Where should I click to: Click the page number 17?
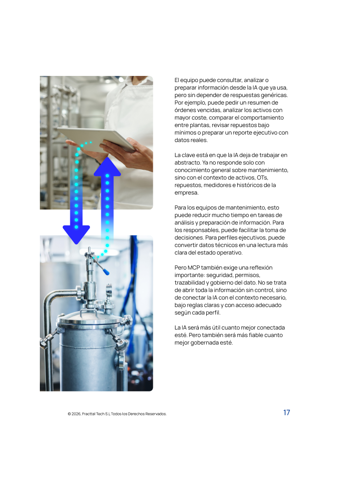pos(286,412)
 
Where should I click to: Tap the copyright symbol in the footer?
pos(69,414)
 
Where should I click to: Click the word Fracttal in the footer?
pos(89,414)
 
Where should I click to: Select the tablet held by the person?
pos(97,139)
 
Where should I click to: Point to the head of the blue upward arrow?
pos(107,166)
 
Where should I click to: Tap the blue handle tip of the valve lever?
pos(106,272)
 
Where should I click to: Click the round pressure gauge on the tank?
pos(109,289)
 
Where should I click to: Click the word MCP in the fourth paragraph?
pos(194,268)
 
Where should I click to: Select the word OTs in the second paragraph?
pos(262,178)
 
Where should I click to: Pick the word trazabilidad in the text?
pos(189,283)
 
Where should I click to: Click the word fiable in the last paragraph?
pos(257,335)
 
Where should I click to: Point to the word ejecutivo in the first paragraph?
pos(265,133)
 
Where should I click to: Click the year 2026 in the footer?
pos(76,414)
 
